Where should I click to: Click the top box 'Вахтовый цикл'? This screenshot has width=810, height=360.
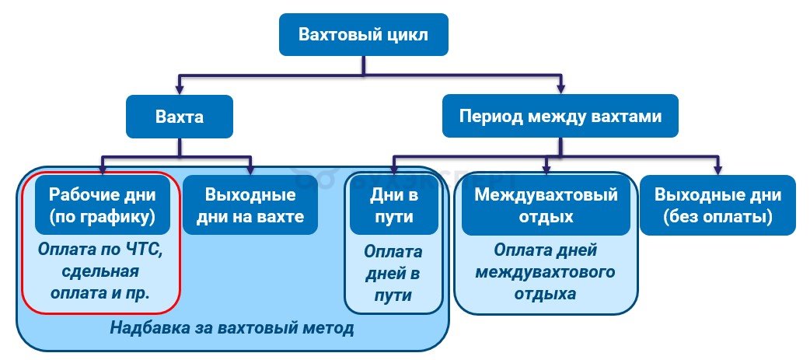(363, 34)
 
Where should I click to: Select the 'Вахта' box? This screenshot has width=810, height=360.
(180, 117)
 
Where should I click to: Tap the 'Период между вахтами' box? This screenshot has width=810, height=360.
(560, 117)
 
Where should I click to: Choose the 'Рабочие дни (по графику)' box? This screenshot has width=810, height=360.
(102, 205)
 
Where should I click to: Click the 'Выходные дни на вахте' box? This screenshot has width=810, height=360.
(250, 205)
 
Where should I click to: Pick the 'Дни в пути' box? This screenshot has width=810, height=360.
(393, 205)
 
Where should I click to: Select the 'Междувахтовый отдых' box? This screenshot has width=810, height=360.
(546, 205)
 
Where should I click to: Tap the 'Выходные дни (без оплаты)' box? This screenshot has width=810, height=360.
(717, 205)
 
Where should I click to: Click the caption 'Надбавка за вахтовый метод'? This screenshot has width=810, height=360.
(232, 328)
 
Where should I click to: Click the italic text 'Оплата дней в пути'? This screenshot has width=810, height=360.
(393, 274)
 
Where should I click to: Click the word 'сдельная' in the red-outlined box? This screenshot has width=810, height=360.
(101, 272)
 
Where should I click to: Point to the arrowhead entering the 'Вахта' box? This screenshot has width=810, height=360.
(180, 89)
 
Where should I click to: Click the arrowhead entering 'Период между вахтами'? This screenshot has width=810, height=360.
(560, 89)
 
